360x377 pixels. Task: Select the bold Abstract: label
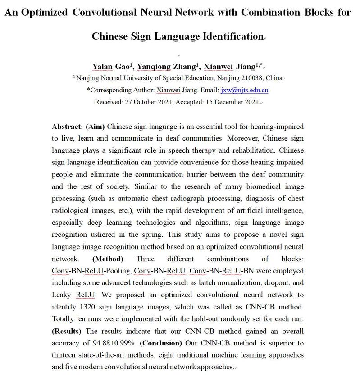68,127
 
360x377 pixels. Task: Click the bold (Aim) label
96,127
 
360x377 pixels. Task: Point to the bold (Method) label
107,259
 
